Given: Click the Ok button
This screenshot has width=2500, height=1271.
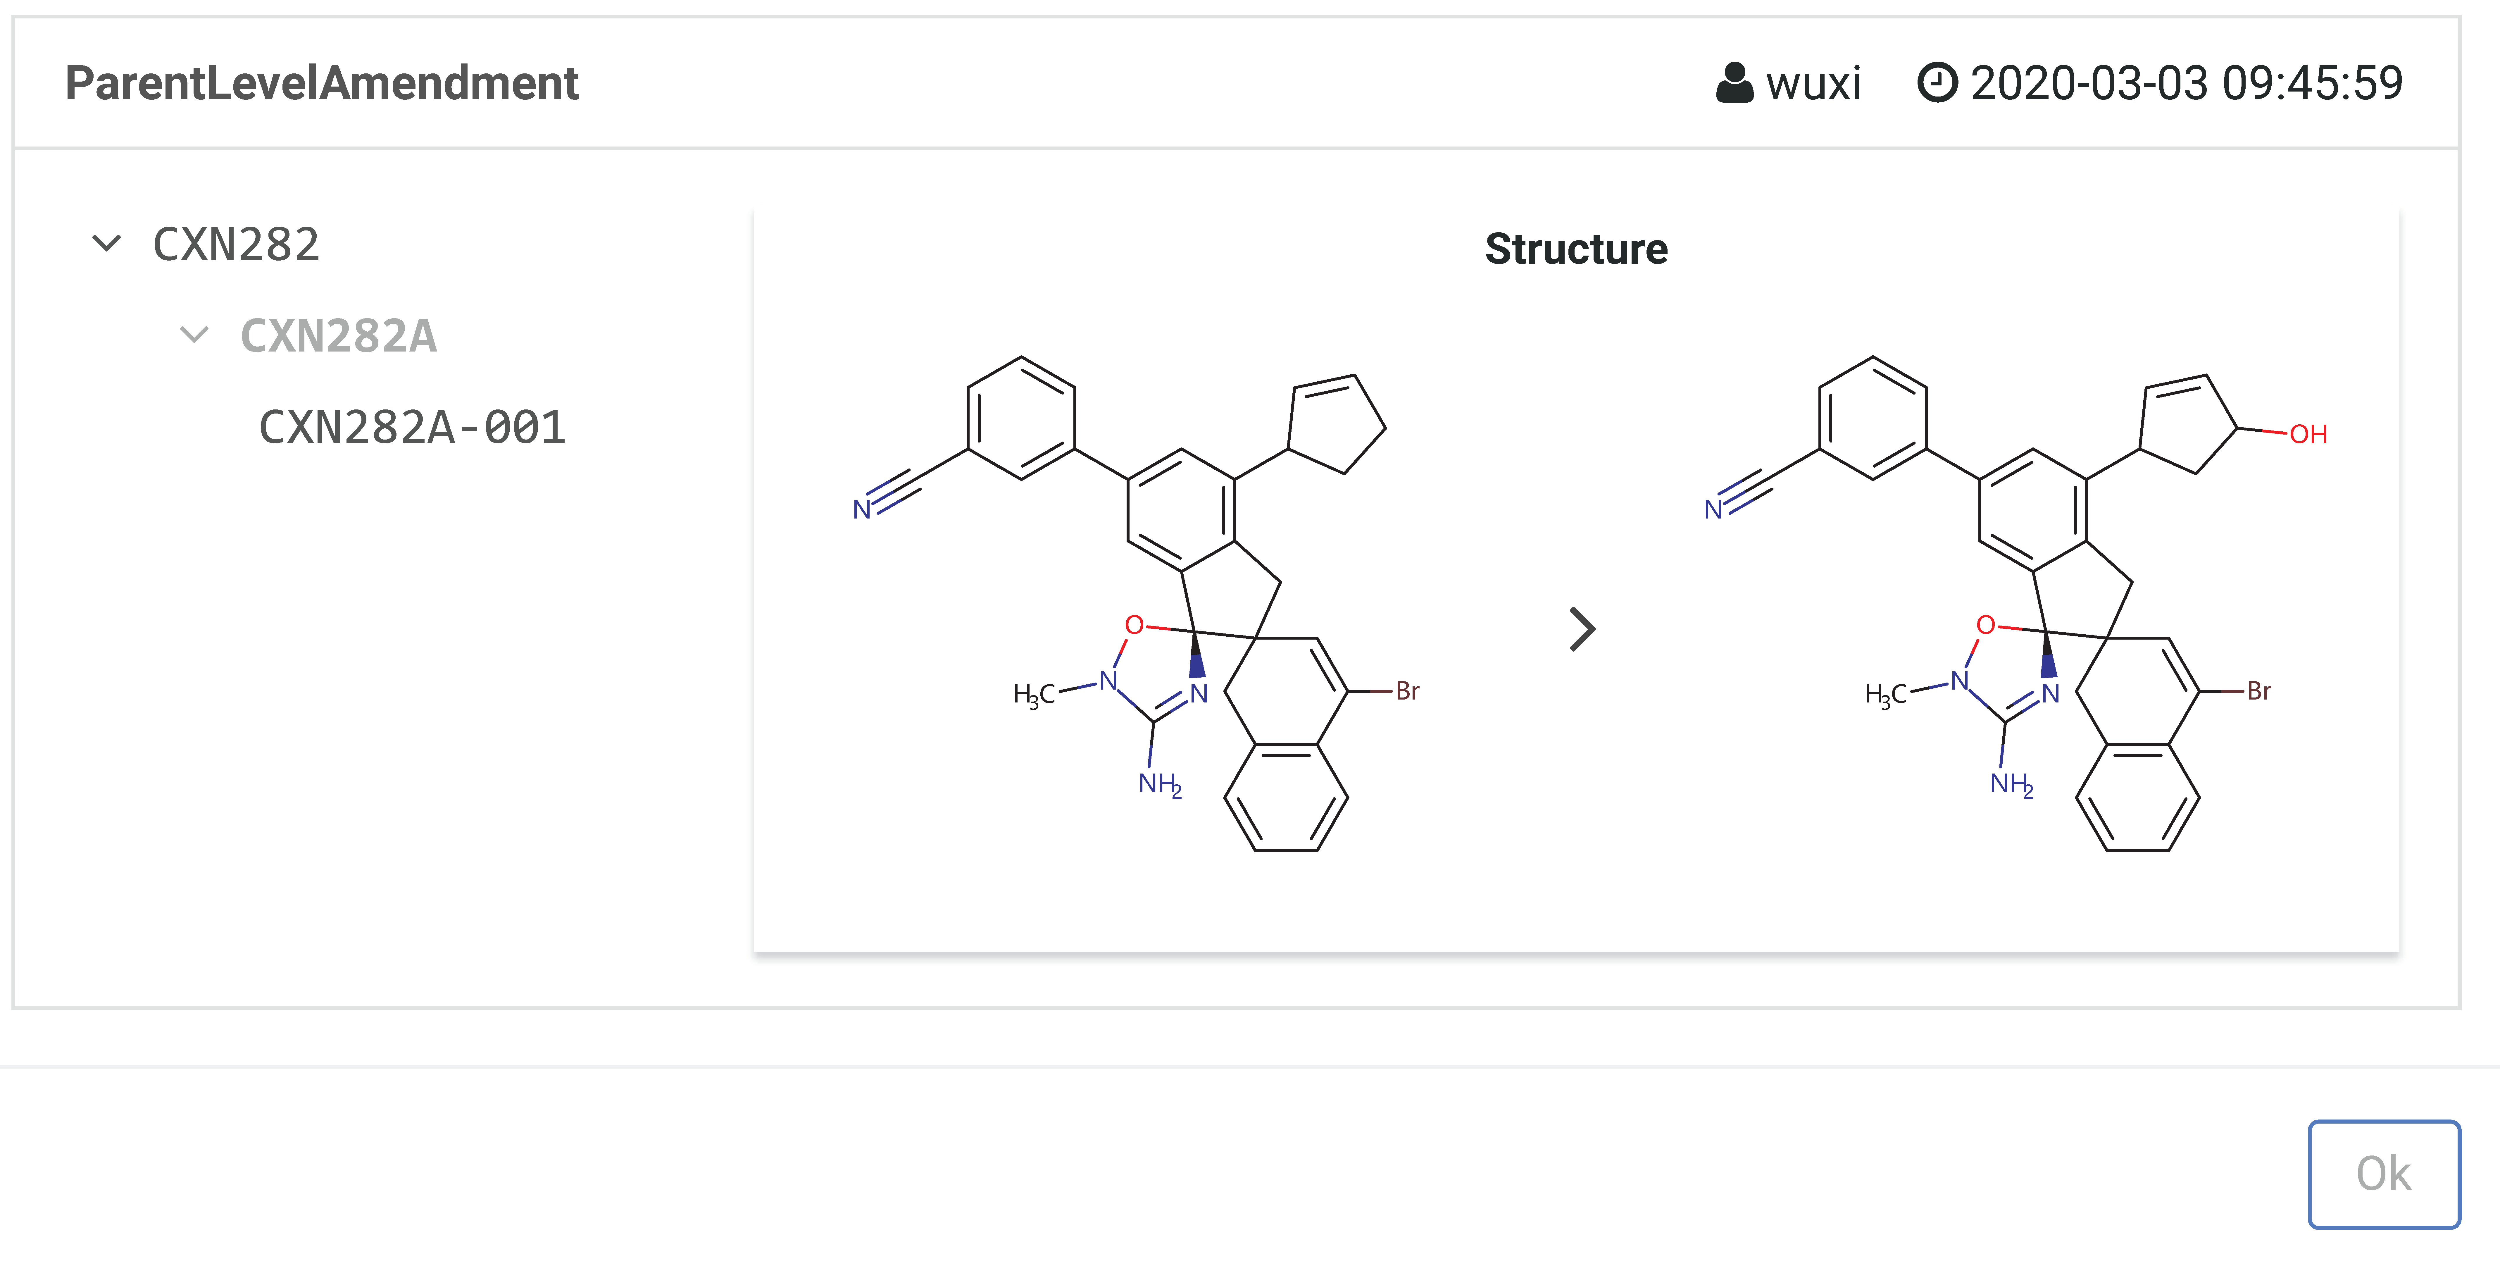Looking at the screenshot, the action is point(2384,1174).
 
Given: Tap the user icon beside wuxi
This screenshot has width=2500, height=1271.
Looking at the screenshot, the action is point(1734,82).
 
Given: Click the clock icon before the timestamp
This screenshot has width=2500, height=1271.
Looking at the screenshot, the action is point(1937,82).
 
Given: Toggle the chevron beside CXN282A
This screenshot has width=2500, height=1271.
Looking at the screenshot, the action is point(195,335).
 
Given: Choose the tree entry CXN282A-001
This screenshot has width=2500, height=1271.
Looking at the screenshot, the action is point(413,427).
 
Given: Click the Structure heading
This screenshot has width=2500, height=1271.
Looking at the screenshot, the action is point(1576,249).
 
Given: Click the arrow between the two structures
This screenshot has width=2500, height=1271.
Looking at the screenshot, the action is point(1583,629).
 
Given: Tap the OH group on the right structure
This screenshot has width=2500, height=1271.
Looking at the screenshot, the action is point(2308,434).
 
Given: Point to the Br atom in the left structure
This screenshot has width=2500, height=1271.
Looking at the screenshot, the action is point(1407,691).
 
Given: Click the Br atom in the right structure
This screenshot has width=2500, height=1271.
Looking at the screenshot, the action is point(2259,691).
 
